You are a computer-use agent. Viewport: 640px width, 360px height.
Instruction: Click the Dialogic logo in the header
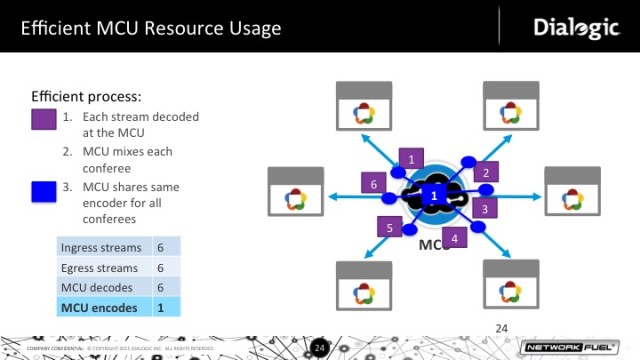(576, 27)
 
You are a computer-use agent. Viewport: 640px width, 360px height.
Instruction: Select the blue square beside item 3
(44, 190)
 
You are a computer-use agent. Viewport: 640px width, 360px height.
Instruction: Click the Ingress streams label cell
(101, 247)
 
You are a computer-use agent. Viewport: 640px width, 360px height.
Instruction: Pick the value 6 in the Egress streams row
(160, 267)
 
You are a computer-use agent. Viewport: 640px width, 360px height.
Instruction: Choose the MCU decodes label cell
(101, 287)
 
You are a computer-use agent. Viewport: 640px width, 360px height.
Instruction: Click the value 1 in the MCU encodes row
(160, 307)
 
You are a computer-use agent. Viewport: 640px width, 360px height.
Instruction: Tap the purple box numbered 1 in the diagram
(408, 157)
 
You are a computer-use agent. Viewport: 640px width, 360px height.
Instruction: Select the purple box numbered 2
(485, 172)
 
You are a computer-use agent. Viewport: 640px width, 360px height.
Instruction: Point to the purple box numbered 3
(484, 209)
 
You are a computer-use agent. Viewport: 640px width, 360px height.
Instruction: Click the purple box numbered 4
(454, 238)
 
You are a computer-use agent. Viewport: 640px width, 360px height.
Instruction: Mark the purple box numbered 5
(390, 228)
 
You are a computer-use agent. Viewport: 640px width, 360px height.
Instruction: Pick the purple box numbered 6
(373, 183)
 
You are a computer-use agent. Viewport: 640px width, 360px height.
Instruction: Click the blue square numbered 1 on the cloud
(433, 196)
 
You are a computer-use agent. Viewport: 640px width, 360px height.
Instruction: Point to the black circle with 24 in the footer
(320, 347)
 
